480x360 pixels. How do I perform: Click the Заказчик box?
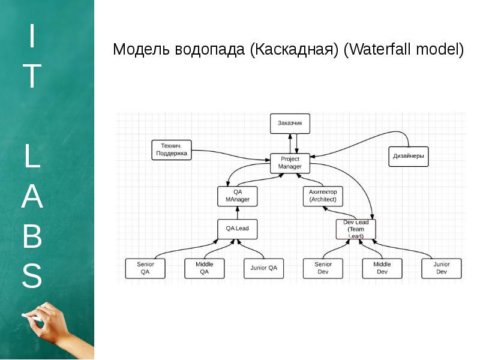tap(290, 124)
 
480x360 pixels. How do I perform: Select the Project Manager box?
tap(290, 163)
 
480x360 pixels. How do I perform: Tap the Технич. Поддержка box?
tap(172, 149)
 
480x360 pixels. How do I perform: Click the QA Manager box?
tap(238, 196)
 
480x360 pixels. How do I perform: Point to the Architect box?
tap(323, 196)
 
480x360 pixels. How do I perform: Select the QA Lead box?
tap(237, 229)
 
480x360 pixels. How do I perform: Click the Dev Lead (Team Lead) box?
tap(356, 229)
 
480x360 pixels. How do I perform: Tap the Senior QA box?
tap(145, 268)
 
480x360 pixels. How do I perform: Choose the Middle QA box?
tap(204, 268)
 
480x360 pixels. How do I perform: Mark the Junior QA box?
tap(263, 268)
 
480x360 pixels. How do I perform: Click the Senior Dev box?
tap(323, 268)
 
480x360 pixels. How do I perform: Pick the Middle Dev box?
tap(382, 268)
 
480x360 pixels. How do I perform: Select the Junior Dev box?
tap(442, 268)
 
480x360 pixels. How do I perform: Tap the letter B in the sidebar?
tap(32, 238)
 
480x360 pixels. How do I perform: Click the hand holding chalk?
tap(57, 327)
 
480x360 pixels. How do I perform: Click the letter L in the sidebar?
tap(32, 157)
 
